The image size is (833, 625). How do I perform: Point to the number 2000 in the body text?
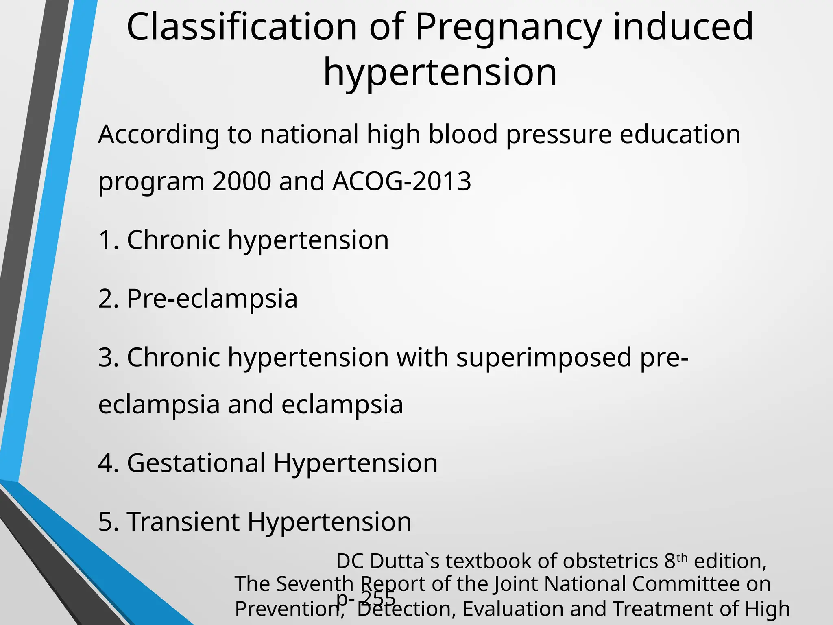coord(241,181)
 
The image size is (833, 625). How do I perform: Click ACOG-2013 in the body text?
coord(402,181)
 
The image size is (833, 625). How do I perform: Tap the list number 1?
coord(107,240)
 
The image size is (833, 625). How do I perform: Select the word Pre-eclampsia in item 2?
coord(212,299)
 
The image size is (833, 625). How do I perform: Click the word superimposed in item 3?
coord(544,358)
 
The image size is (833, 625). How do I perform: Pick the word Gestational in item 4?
coord(196,463)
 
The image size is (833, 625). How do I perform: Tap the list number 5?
coord(107,522)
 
